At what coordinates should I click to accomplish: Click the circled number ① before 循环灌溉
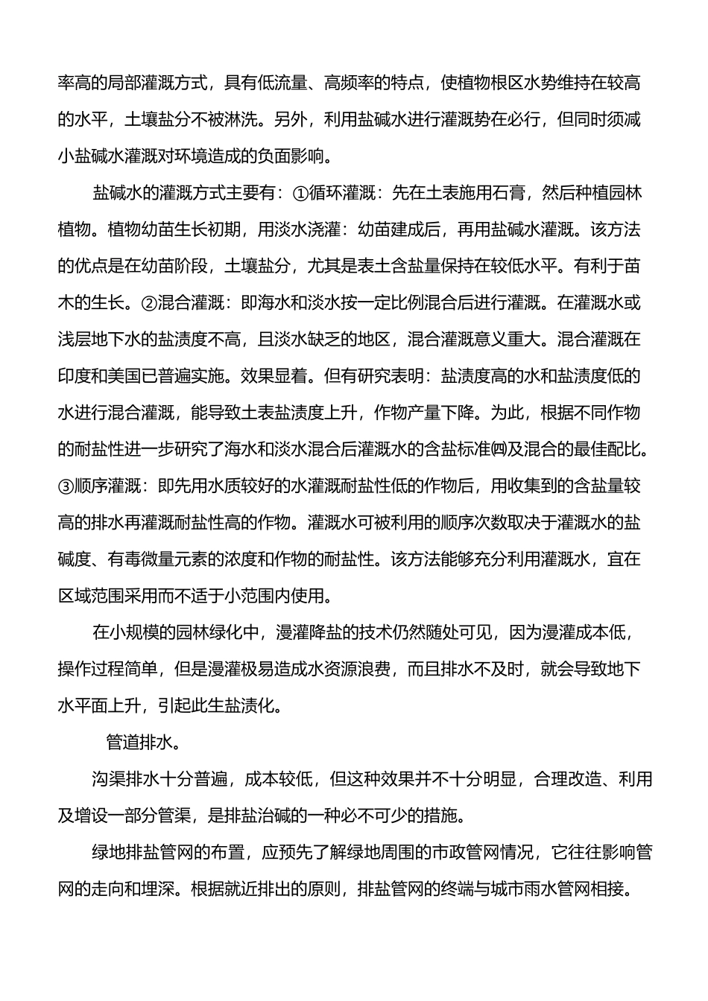coord(297,193)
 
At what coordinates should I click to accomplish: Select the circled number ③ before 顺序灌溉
coord(66,486)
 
